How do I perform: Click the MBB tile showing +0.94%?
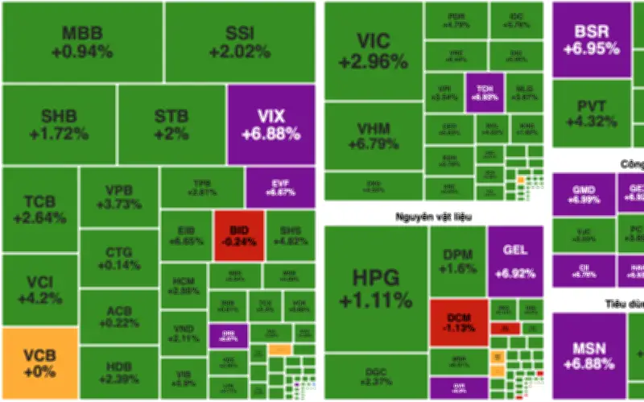[82, 42]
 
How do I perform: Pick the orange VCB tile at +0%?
[39, 363]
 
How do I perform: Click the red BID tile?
[238, 235]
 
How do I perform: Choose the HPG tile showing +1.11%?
[375, 288]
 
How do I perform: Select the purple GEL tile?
[514, 260]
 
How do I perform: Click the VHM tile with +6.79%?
[373, 135]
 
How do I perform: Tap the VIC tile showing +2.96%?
[373, 50]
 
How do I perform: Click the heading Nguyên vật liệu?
[434, 216]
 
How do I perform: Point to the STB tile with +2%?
[171, 124]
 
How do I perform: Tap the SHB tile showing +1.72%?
[59, 124]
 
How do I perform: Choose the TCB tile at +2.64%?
[39, 209]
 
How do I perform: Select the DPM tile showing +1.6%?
[457, 260]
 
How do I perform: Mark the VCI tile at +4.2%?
[39, 290]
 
